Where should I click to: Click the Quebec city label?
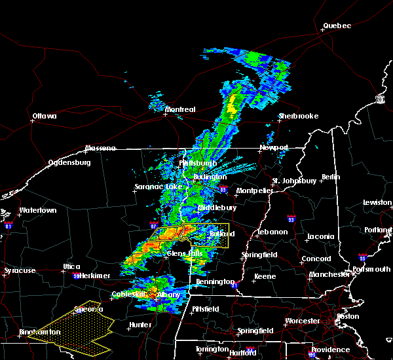(337, 26)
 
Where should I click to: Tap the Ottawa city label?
(44, 117)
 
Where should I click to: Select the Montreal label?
(180, 109)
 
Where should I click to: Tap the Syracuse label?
(20, 270)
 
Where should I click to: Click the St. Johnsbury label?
(295, 181)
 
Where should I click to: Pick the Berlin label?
(331, 177)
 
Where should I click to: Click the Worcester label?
(302, 321)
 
